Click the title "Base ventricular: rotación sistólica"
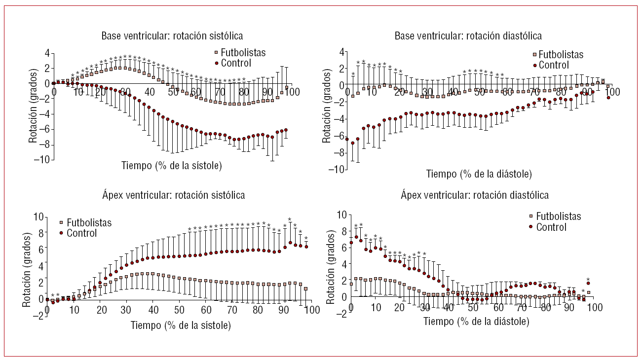[x=172, y=36]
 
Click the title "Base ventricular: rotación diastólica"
[x=468, y=36]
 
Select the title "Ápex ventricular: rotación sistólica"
[x=172, y=195]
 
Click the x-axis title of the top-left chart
[x=172, y=166]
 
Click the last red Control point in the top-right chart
[x=608, y=98]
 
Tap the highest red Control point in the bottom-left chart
[x=290, y=243]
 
